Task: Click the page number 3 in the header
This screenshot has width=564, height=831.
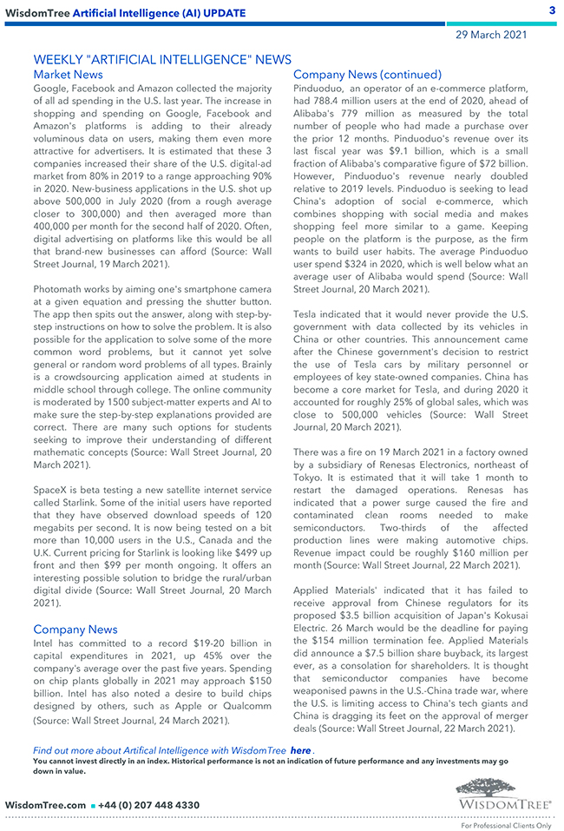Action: coord(552,10)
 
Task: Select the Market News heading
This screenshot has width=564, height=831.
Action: coord(68,75)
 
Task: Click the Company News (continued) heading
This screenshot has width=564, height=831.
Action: coord(367,75)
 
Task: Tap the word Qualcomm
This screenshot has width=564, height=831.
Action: coord(243,706)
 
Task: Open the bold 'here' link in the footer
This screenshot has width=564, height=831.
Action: coord(300,749)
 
